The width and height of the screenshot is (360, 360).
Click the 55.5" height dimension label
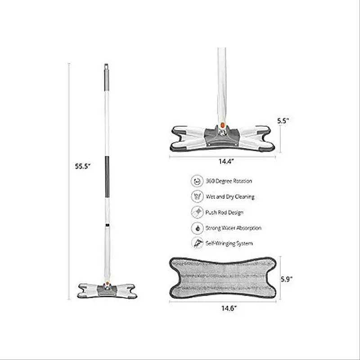[x=83, y=166]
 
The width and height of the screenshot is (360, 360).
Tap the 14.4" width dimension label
[x=226, y=162]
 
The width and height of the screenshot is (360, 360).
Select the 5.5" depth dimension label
[x=283, y=121]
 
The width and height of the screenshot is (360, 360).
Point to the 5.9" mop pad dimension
[x=287, y=279]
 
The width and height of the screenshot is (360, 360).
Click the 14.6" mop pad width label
[x=229, y=308]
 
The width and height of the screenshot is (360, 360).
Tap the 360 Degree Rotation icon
[x=197, y=181]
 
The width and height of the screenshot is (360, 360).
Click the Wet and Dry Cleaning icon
[x=197, y=197]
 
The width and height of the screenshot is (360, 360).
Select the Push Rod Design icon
[x=197, y=212]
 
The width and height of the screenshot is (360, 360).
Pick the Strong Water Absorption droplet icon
[x=197, y=228]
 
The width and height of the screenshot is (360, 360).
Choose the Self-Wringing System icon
[x=197, y=243]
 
